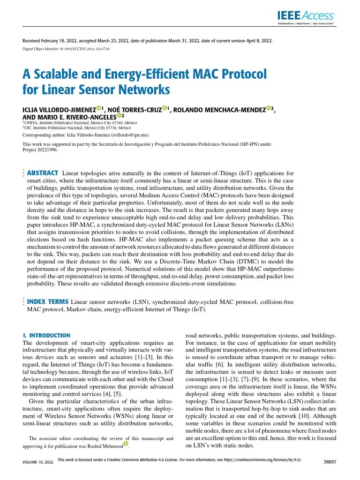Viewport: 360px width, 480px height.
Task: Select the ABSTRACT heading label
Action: pyautogui.click(x=43, y=173)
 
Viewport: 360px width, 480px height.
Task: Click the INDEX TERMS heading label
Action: pyautogui.click(x=48, y=301)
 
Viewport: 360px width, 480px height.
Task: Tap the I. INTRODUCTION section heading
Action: pyautogui.click(x=46, y=336)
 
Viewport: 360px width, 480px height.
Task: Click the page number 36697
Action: pyautogui.click(x=330, y=462)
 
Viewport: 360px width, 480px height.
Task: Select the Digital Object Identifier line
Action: pyautogui.click(x=66, y=49)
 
